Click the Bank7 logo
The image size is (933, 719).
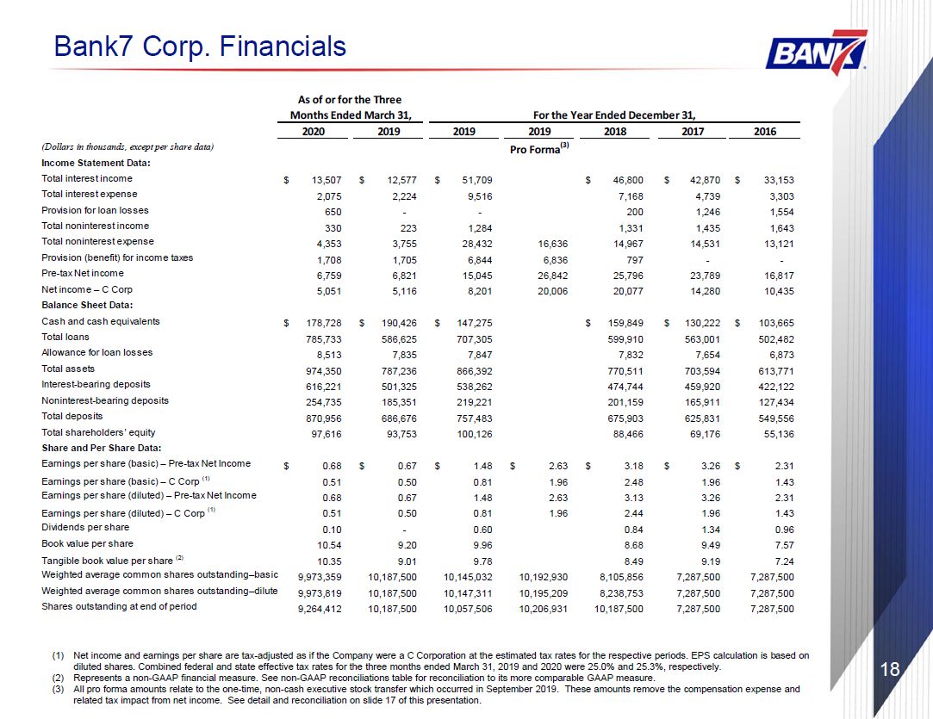tap(817, 53)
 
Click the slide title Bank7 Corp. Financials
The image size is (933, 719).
tap(200, 46)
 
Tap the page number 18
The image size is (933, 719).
tap(890, 670)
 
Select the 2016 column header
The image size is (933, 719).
tap(765, 132)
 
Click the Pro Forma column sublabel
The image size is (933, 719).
tap(539, 149)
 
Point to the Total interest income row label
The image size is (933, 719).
tap(87, 178)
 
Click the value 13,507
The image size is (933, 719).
tap(326, 180)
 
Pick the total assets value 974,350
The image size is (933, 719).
tap(324, 371)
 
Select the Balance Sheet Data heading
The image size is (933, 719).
tap(87, 305)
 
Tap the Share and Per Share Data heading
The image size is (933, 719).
tap(102, 448)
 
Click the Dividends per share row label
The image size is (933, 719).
tap(85, 528)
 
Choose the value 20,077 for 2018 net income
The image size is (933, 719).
tap(628, 291)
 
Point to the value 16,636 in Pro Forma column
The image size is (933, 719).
tap(553, 244)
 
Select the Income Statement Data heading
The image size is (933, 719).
tap(96, 163)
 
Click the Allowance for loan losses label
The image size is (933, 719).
tap(97, 353)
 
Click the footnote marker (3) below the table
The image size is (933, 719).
tap(58, 689)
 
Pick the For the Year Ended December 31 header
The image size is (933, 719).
tap(614, 115)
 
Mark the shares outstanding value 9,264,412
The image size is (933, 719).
tap(320, 609)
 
